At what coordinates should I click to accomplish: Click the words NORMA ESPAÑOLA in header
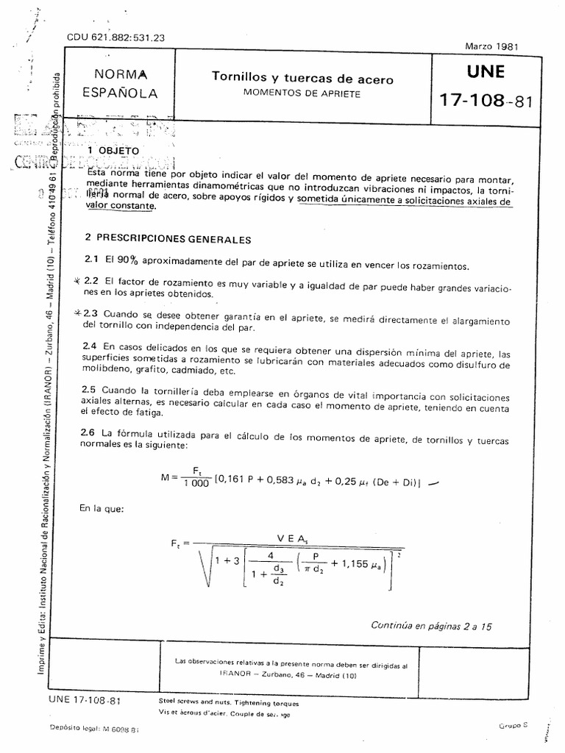(120, 83)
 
